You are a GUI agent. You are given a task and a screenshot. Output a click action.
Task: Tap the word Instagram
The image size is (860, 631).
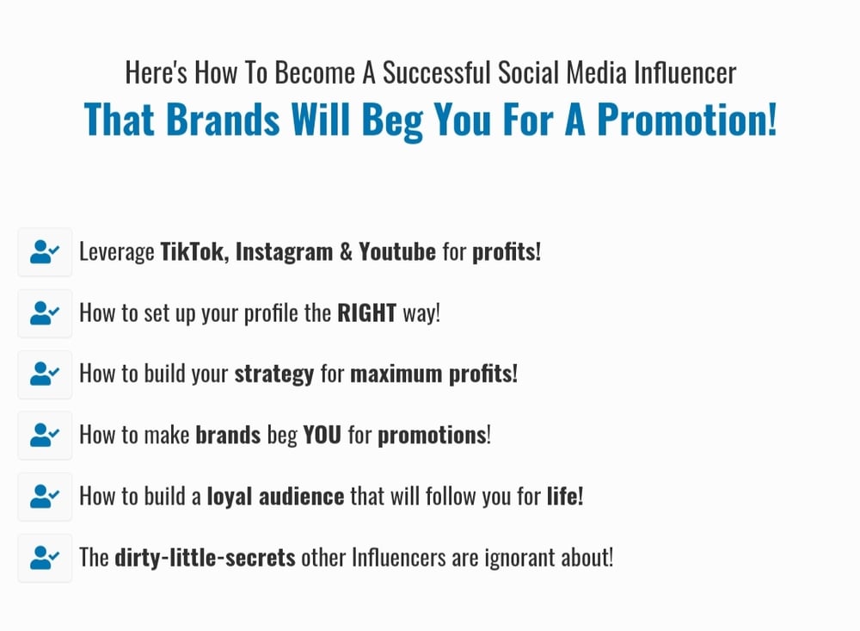pyautogui.click(x=284, y=252)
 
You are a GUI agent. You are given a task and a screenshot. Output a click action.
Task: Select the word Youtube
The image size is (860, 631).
pyautogui.click(x=397, y=251)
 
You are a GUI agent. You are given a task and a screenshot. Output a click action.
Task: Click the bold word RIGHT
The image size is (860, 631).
pyautogui.click(x=366, y=313)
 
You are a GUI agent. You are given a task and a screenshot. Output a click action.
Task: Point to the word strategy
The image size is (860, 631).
pyautogui.click(x=274, y=374)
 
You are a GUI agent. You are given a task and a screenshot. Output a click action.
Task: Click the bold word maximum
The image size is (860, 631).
pyautogui.click(x=396, y=374)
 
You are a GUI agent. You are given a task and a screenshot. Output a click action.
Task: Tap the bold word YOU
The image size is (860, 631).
pyautogui.click(x=322, y=435)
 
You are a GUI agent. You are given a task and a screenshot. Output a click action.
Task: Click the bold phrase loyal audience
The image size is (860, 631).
pyautogui.click(x=275, y=497)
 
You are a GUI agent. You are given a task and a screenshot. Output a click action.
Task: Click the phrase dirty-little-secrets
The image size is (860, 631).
pyautogui.click(x=206, y=558)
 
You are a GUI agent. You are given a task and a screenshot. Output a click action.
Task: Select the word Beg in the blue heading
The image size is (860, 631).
pyautogui.click(x=392, y=121)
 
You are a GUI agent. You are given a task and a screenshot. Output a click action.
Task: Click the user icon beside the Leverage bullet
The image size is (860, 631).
pyautogui.click(x=45, y=252)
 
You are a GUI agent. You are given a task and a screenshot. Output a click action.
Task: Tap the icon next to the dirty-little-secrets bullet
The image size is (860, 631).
pyautogui.click(x=45, y=558)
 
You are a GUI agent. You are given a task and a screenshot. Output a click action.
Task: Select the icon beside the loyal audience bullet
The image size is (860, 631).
pyautogui.click(x=45, y=497)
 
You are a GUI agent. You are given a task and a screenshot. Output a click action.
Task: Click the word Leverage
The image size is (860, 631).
pyautogui.click(x=117, y=252)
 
